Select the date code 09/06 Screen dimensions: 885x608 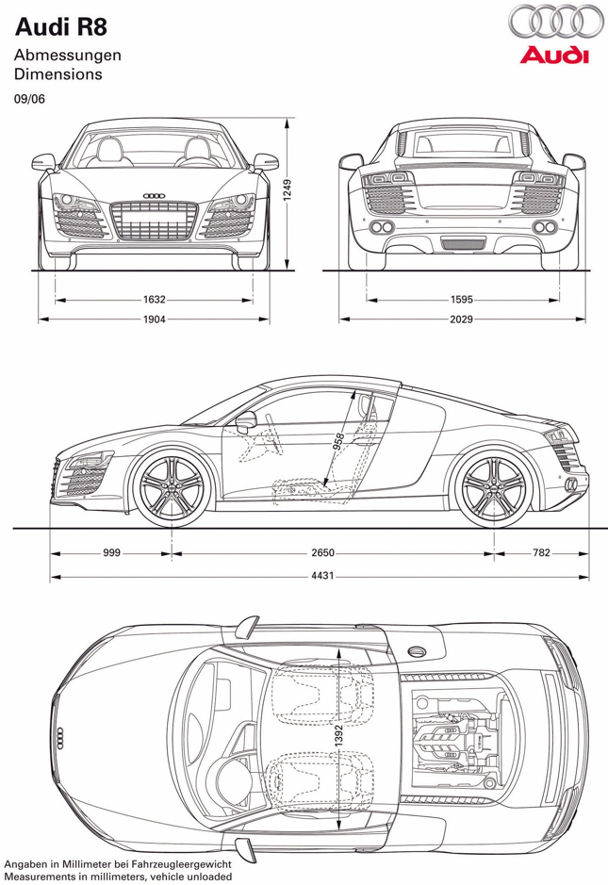pyautogui.click(x=28, y=96)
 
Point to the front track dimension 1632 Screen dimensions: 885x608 pyautogui.click(x=155, y=300)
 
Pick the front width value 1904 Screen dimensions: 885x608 pyautogui.click(x=155, y=320)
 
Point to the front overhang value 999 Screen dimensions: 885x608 pyautogui.click(x=112, y=553)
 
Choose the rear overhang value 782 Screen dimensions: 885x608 pyautogui.click(x=540, y=553)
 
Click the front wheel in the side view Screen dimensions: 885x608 pyautogui.click(x=173, y=488)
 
